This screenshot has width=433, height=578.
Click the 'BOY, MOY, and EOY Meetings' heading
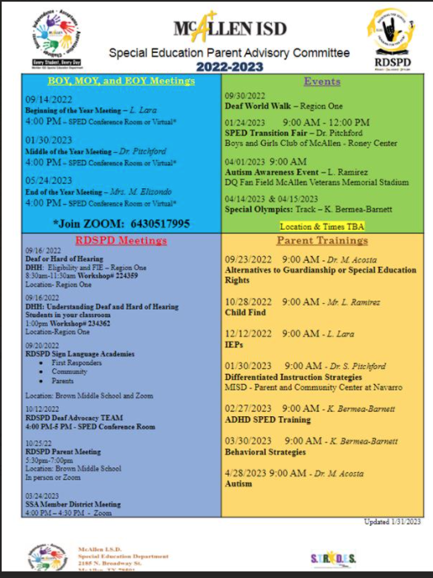121,81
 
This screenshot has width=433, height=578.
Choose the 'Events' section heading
322,82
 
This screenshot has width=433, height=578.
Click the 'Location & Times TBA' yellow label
322,226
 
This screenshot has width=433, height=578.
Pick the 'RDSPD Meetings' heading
121,240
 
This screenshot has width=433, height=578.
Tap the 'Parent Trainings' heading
322,240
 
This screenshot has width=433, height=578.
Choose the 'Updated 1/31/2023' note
393,522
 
